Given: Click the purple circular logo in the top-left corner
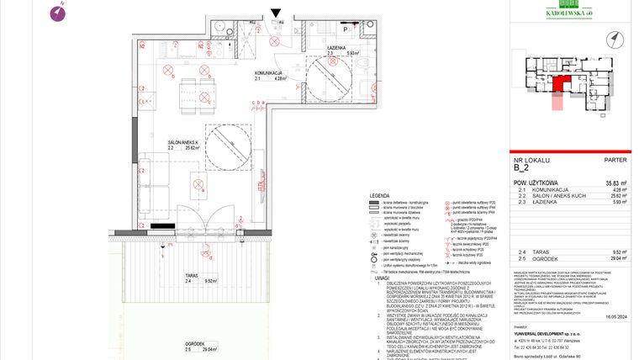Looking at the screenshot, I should tap(58, 12).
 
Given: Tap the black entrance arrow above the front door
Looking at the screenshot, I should tap(277, 13).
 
